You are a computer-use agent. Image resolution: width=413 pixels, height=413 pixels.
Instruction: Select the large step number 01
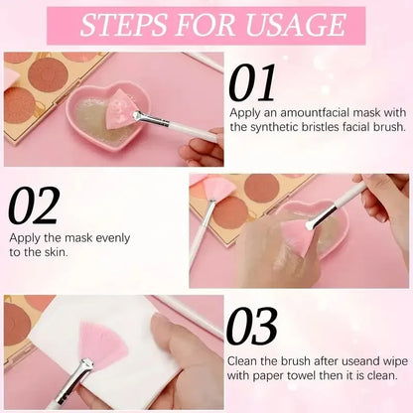(252, 85)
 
